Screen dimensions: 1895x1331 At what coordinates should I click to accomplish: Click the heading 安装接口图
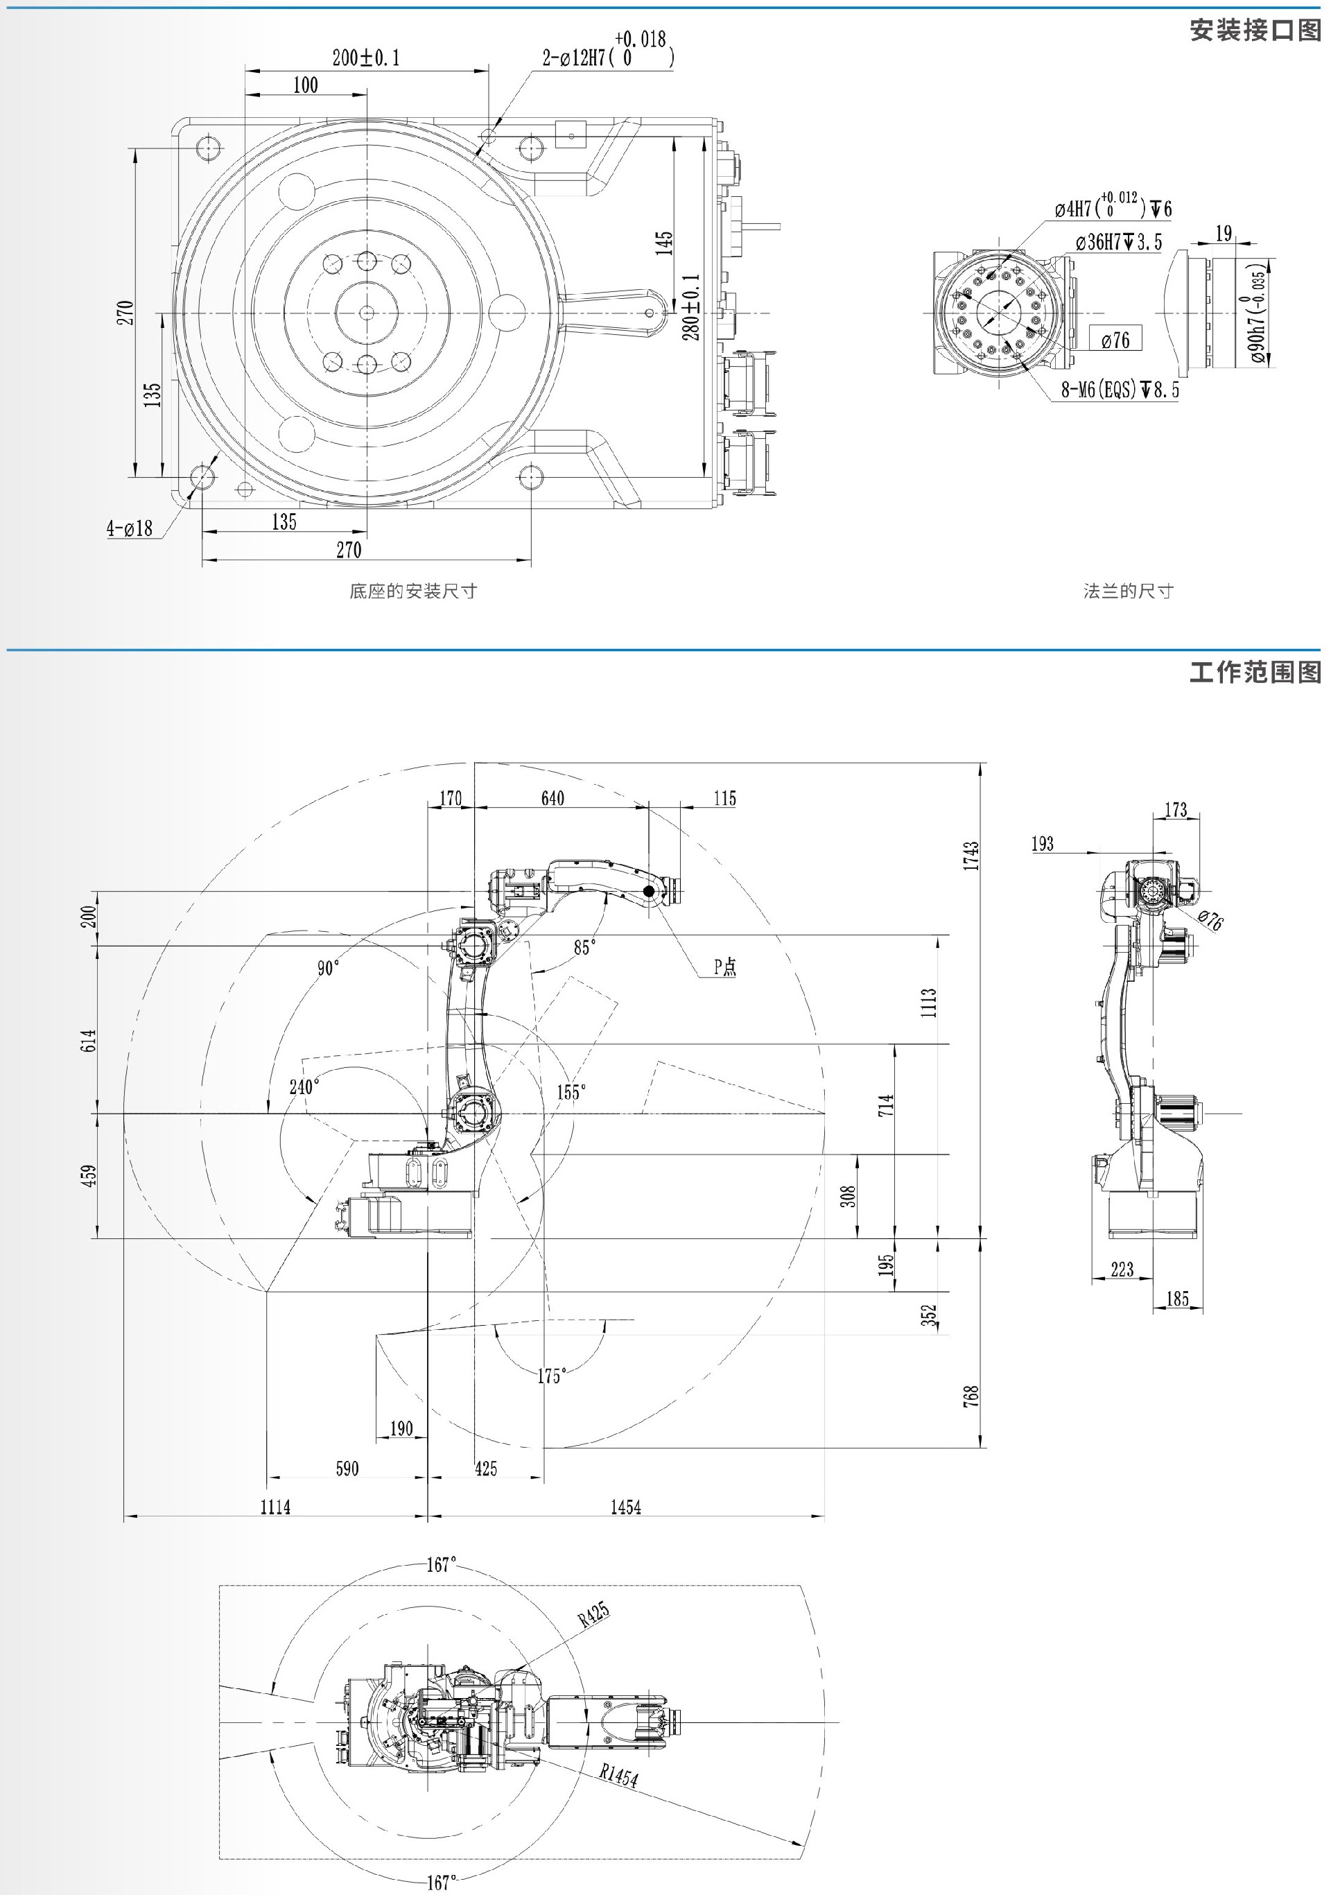[x=1254, y=31]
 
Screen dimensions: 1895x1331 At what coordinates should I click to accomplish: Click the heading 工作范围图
[x=1254, y=671]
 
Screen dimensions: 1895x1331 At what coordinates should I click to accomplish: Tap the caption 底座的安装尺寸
[x=412, y=591]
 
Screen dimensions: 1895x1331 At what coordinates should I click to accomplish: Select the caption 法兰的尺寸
[x=1127, y=591]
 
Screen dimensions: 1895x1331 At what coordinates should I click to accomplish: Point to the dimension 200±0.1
[x=365, y=58]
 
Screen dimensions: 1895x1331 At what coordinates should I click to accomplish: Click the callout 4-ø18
[x=130, y=528]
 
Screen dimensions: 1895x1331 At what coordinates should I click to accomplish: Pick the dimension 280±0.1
[x=691, y=307]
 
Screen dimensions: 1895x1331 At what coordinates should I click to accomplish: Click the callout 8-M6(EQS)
[x=1120, y=389]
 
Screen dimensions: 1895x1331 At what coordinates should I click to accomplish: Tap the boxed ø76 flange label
[x=1115, y=339]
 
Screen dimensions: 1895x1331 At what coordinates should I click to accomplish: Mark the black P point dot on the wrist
[x=650, y=890]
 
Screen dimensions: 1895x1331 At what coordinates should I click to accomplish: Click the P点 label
[x=724, y=967]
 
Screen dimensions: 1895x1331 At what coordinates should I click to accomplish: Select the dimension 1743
[x=971, y=856]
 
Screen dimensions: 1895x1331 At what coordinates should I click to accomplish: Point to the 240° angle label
[x=304, y=1087]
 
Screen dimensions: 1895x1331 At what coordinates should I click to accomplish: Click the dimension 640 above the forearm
[x=552, y=798]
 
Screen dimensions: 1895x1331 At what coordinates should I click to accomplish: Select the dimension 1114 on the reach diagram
[x=275, y=1507]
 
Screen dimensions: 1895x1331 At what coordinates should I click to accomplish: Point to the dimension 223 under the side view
[x=1122, y=1269]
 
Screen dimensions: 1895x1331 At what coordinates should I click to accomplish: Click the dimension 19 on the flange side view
[x=1224, y=234]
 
